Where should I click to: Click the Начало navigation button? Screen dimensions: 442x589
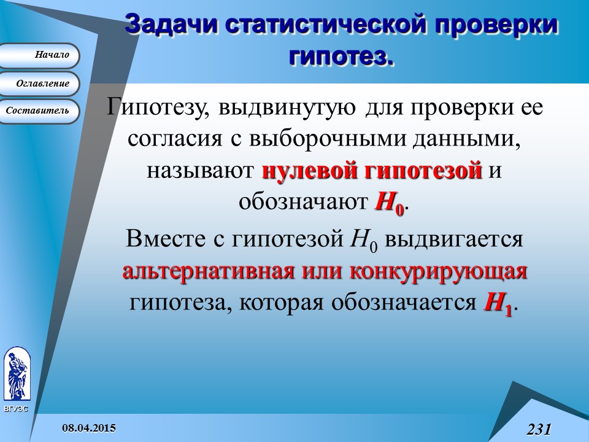pos(40,55)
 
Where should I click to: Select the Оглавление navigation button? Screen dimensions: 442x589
pos(40,83)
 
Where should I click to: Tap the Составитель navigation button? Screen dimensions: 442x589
pos(40,111)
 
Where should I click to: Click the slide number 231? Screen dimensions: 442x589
pos(539,428)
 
